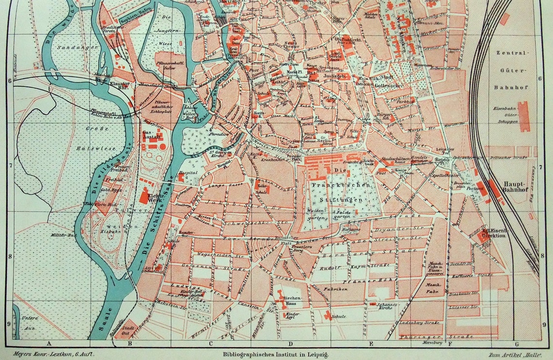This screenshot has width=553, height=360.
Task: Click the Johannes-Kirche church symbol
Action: [x=372, y=304]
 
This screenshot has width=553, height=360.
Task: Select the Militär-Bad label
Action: [x=57, y=235]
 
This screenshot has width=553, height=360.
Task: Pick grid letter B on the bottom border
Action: [x=130, y=344]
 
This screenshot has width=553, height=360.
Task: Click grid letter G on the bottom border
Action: [x=517, y=344]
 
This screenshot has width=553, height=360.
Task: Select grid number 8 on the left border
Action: [x=9, y=256]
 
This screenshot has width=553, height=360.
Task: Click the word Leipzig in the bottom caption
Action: [x=317, y=355]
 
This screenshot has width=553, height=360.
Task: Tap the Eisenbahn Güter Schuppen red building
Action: [x=524, y=116]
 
